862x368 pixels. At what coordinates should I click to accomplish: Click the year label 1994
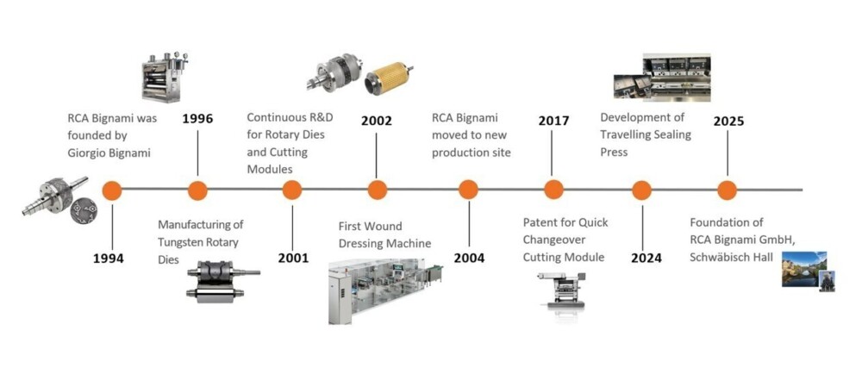pos(109,258)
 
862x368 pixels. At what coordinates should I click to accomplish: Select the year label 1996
pos(197,119)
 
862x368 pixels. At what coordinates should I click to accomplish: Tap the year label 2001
pos(293,258)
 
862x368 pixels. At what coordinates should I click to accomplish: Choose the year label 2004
pos(469,258)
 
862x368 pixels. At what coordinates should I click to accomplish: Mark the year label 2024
pos(646,258)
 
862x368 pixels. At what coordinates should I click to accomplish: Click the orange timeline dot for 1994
pos(111,190)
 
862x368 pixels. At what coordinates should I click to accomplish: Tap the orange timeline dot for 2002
pos(377,190)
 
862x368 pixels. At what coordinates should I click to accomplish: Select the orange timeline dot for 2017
pos(553,190)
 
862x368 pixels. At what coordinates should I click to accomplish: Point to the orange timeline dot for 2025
pos(728,190)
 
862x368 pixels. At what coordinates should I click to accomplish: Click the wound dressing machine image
pos(384,293)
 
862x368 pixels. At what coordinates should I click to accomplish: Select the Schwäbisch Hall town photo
pos(804,269)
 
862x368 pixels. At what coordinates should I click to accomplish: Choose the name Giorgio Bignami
pos(109,152)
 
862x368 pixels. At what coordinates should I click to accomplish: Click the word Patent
pos(541,222)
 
